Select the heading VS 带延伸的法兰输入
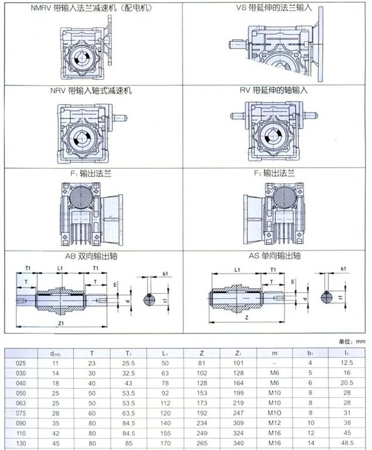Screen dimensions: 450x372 tap(273, 9)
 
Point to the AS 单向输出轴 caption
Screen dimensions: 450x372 tap(273, 255)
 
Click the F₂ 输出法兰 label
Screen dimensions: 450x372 tap(273, 173)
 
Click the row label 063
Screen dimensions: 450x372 tap(20, 403)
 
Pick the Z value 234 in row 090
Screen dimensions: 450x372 tap(202, 422)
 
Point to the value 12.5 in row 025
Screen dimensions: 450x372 tap(346, 363)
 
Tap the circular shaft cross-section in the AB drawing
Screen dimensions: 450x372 tap(151, 299)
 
